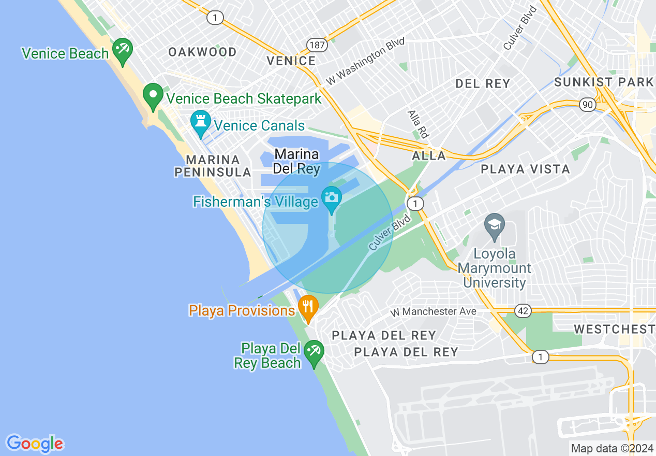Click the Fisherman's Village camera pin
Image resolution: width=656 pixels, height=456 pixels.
coord(331,198)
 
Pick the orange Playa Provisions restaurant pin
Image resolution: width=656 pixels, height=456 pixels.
coord(308,307)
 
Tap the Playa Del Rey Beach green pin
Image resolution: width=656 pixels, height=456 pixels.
coord(314,352)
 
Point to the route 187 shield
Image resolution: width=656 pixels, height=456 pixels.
coord(317,45)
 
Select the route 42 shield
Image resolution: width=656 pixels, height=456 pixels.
coord(523,311)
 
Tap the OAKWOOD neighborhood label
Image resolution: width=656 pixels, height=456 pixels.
coord(202,52)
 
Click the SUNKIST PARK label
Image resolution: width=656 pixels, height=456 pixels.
coord(604,82)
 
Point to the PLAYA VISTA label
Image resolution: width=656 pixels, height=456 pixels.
coord(525,169)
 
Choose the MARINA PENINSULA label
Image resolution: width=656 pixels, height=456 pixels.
coord(213,166)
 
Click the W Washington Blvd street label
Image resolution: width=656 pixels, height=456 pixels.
coord(365,61)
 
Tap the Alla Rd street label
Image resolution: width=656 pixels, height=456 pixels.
coord(418,124)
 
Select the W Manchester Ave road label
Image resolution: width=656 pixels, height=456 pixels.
coord(433,312)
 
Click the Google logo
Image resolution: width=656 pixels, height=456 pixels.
coord(35,444)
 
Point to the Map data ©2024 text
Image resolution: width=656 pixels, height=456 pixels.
coord(612,448)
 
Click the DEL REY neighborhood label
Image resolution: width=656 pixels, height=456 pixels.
coord(482,83)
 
